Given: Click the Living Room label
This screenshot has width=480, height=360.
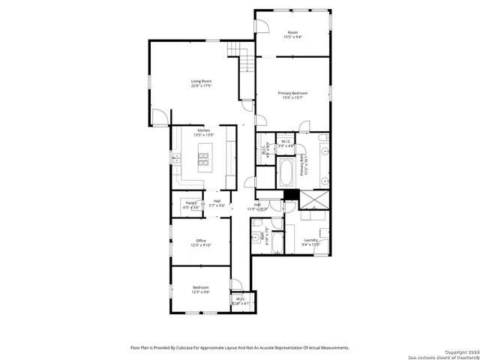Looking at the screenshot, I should point(201,81).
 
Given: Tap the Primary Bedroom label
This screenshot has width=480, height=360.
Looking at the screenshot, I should point(295,93).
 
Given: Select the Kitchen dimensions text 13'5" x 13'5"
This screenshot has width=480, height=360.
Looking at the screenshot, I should point(203,135).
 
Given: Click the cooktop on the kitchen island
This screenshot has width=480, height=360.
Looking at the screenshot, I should point(202,157).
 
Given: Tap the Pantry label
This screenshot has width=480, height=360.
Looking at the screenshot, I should point(191,202).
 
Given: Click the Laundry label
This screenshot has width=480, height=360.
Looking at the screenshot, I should point(310,240).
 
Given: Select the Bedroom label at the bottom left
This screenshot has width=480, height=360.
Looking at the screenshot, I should point(201,288).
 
